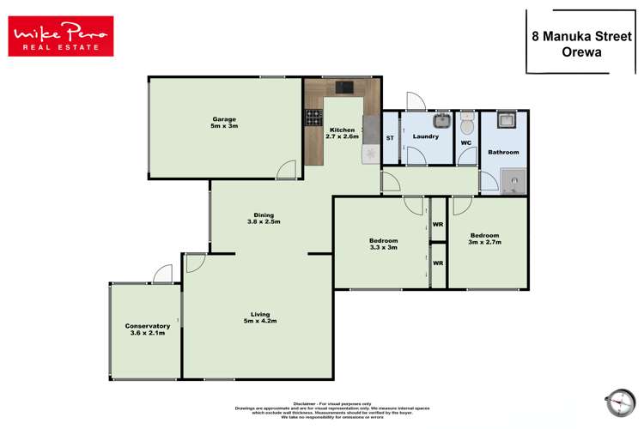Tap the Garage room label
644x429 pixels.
coord(224,122)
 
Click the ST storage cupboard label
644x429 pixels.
coord(390,137)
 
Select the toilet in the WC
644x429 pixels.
coord(466,118)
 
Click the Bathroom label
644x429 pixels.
coord(503,152)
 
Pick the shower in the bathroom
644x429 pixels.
coord(513,179)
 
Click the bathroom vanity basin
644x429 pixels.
coord(507,119)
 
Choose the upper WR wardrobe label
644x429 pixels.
coord(438,225)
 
